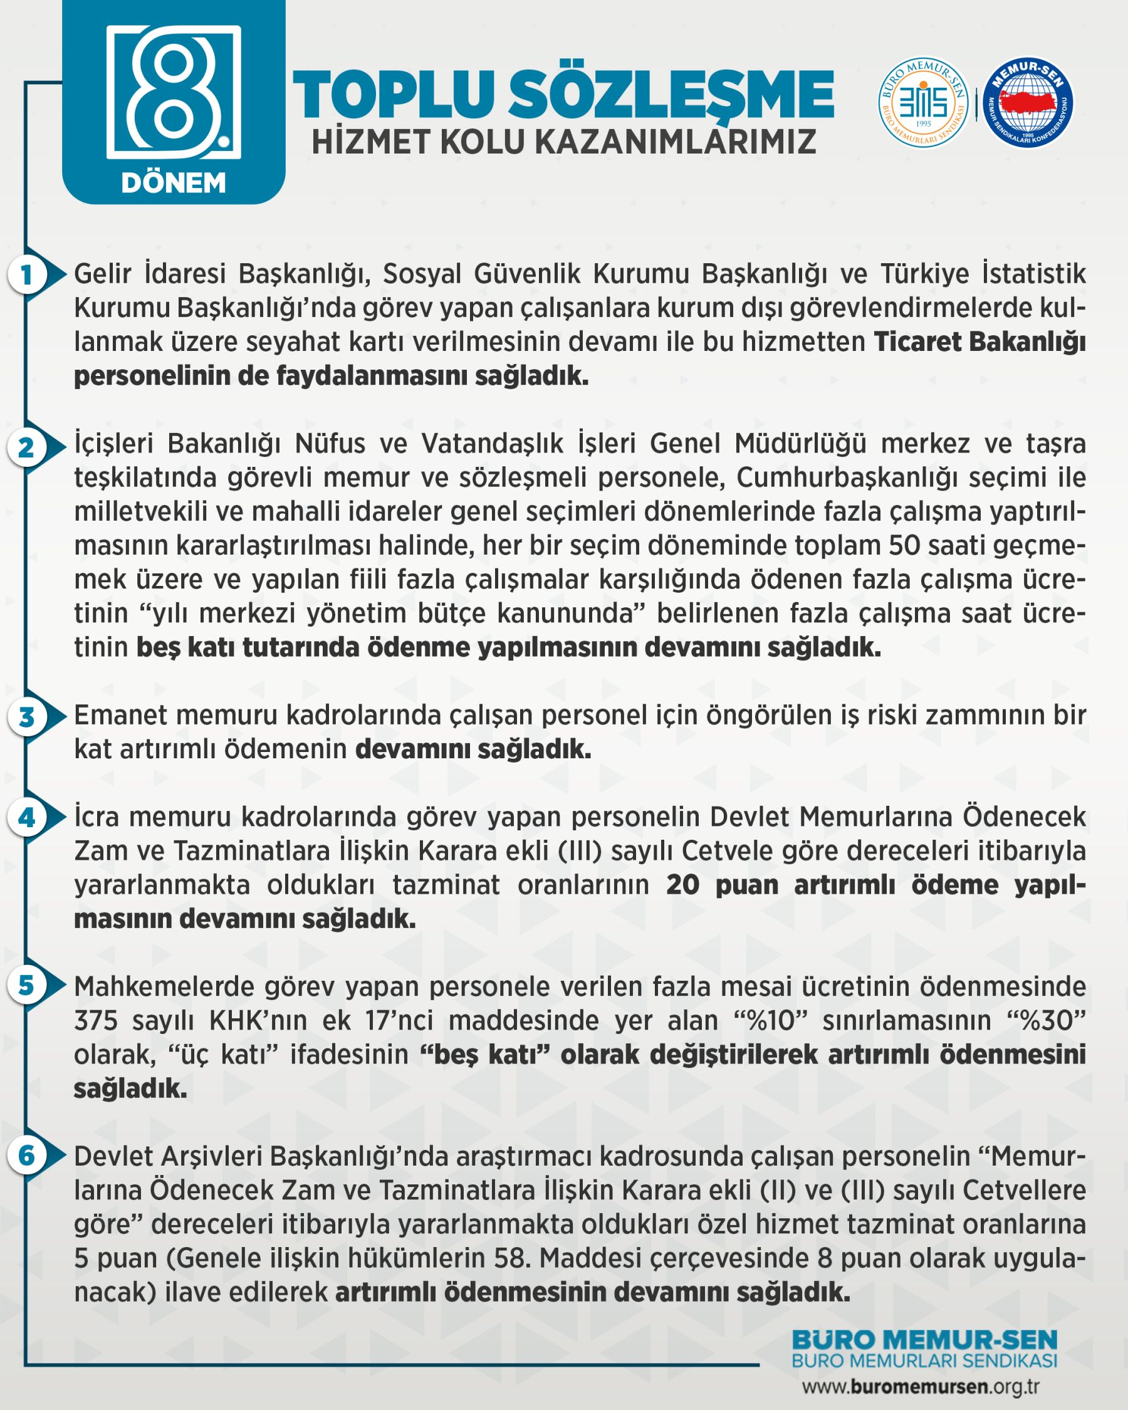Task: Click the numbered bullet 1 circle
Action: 26,275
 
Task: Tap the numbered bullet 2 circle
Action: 26,448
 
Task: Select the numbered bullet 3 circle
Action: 26,718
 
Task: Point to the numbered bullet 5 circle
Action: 26,985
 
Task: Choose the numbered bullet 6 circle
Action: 26,1156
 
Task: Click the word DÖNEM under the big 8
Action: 174,183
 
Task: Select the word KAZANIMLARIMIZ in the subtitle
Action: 676,142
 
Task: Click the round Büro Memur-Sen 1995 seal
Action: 923,102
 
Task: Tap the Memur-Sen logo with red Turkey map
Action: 1028,102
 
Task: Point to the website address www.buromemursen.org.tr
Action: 921,1386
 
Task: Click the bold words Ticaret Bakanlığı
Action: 979,342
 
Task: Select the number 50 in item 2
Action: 904,545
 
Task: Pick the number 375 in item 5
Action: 96,1020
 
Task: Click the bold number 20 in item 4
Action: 682,885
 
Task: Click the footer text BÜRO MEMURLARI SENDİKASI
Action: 924,1361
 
